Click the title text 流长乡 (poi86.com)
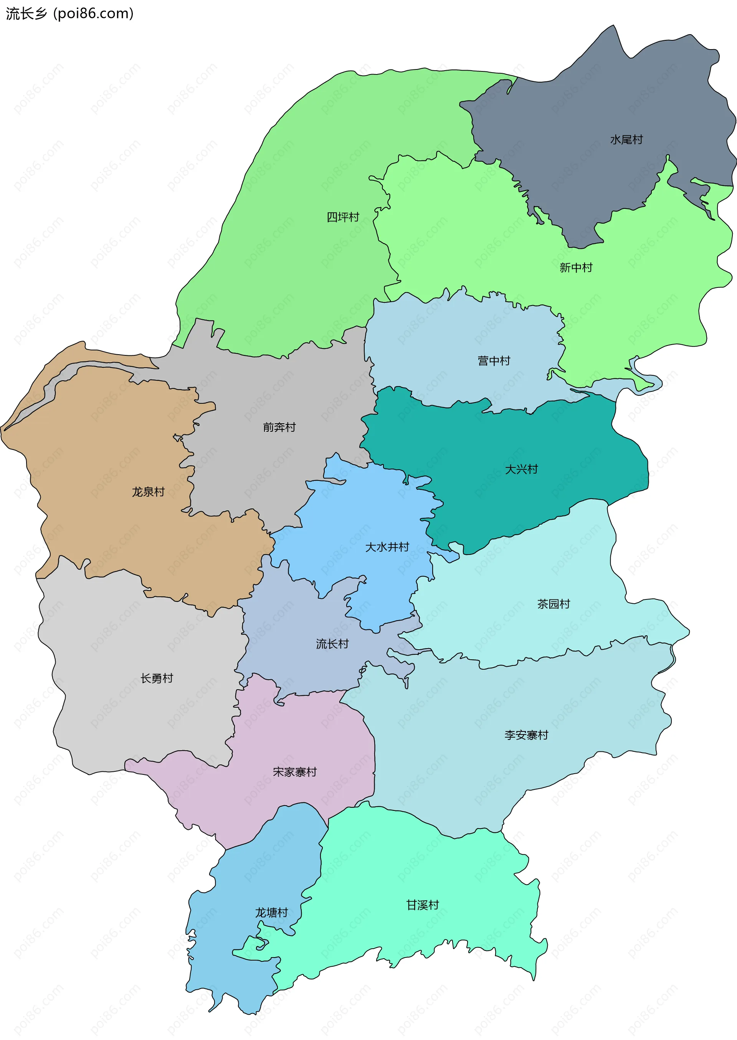pos(69,13)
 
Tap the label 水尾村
pos(626,140)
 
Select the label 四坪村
pos(343,217)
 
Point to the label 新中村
pos(576,268)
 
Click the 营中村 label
pos(494,361)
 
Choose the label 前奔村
pos(279,428)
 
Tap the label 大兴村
pos(521,470)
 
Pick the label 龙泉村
pos(148,492)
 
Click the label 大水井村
pos(387,547)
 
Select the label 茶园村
pos(553,604)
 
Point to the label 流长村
pos(332,644)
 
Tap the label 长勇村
pos(157,679)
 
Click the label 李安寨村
pos(526,735)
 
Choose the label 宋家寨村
pos(294,772)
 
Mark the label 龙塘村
pos(271,913)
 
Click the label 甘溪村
pos(423,905)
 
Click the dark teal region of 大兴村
pos(567,445)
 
